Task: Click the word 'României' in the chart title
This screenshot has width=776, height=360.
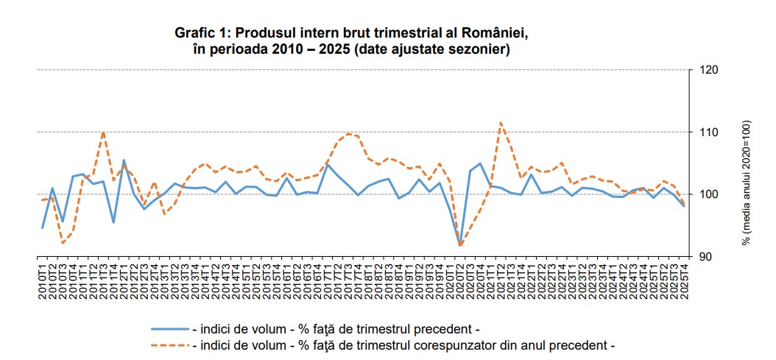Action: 495,34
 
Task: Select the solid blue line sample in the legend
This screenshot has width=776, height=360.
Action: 169,328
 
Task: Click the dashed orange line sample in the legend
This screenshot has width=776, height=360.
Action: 169,344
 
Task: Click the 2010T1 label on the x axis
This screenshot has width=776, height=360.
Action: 43,278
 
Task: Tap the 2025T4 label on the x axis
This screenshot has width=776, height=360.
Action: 684,278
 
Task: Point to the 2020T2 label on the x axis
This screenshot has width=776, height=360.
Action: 460,278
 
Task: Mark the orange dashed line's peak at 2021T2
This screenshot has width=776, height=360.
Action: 501,123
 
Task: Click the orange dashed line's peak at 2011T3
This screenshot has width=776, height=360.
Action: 103,132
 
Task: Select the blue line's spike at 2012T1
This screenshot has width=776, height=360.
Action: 123,160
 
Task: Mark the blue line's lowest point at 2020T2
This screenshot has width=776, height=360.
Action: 460,244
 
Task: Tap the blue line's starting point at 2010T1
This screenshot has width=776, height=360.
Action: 43,227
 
